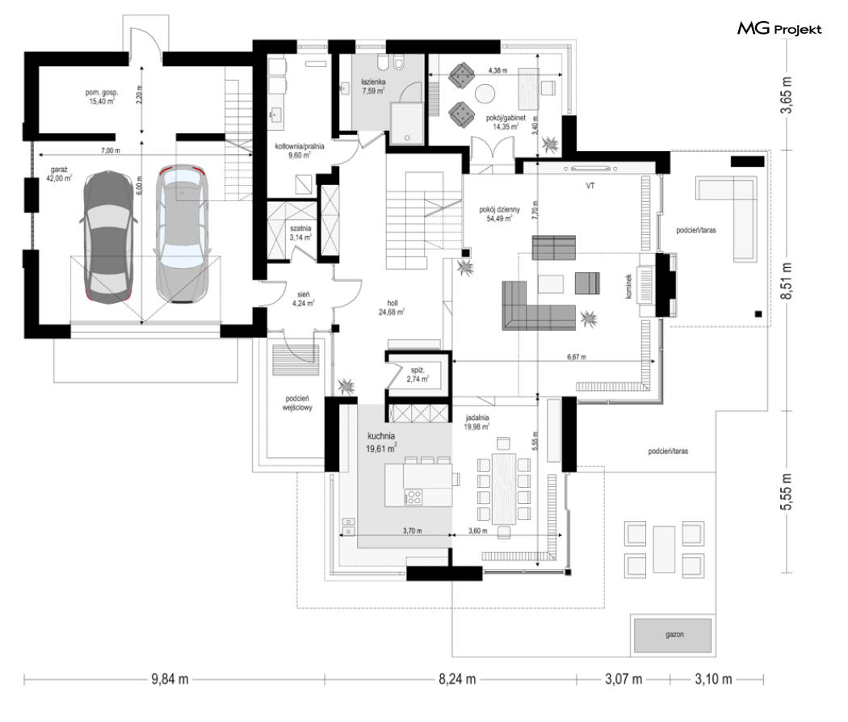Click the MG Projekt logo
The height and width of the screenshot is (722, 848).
[x=779, y=28]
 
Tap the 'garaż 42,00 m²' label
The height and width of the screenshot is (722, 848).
[x=61, y=174]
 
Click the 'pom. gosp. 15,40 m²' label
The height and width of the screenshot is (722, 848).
[x=101, y=97]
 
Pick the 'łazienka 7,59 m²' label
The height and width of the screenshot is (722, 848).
[x=373, y=86]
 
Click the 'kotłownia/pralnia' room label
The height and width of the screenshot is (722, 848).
[x=300, y=146]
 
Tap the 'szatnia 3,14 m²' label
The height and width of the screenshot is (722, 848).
[x=300, y=233]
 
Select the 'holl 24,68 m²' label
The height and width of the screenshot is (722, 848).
[x=392, y=308]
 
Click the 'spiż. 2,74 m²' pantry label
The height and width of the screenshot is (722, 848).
[x=418, y=375]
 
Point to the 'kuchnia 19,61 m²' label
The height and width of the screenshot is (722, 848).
[x=381, y=442]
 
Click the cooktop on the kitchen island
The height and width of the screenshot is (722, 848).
[x=414, y=497]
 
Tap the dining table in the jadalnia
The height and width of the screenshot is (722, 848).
[x=504, y=489]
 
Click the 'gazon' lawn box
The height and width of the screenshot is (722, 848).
[x=674, y=635]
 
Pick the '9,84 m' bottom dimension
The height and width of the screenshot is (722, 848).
[x=170, y=678]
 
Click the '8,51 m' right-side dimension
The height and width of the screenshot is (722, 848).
[x=787, y=281]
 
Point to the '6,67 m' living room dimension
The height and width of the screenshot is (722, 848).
[x=576, y=357]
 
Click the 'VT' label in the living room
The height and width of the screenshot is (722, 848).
[x=590, y=186]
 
